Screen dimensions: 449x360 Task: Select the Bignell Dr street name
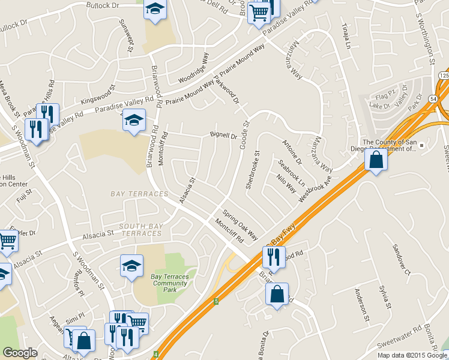tap(224, 136)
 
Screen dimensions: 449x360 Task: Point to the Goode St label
tap(245, 133)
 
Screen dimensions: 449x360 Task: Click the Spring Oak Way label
tap(240, 223)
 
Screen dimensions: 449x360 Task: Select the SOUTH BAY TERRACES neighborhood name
tap(132, 229)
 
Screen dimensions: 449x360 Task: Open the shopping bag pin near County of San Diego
tap(376, 161)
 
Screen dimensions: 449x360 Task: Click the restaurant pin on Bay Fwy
tap(274, 257)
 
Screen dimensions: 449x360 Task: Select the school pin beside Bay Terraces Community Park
tap(131, 266)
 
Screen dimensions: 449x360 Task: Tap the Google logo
tap(20, 353)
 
